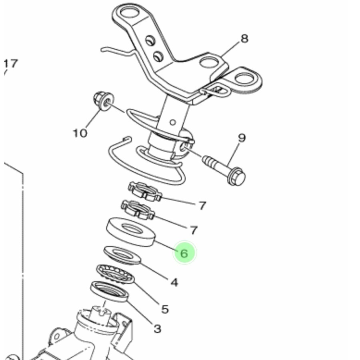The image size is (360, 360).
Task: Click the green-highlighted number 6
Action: pyautogui.click(x=184, y=253)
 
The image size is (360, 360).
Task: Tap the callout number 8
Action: pyautogui.click(x=244, y=39)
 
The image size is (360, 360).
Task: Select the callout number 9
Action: pyautogui.click(x=241, y=138)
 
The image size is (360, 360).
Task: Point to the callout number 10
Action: pyautogui.click(x=80, y=133)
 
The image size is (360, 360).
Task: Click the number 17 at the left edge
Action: pyautogui.click(x=11, y=64)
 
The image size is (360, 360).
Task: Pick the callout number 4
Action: pyautogui.click(x=174, y=283)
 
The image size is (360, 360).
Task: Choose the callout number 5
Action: pyautogui.click(x=165, y=309)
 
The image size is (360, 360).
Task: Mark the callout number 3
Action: pyautogui.click(x=157, y=329)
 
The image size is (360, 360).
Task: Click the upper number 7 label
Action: pyautogui.click(x=202, y=206)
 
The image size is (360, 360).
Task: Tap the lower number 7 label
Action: pyautogui.click(x=194, y=230)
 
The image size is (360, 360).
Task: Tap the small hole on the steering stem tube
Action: pyautogui.click(x=172, y=122)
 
